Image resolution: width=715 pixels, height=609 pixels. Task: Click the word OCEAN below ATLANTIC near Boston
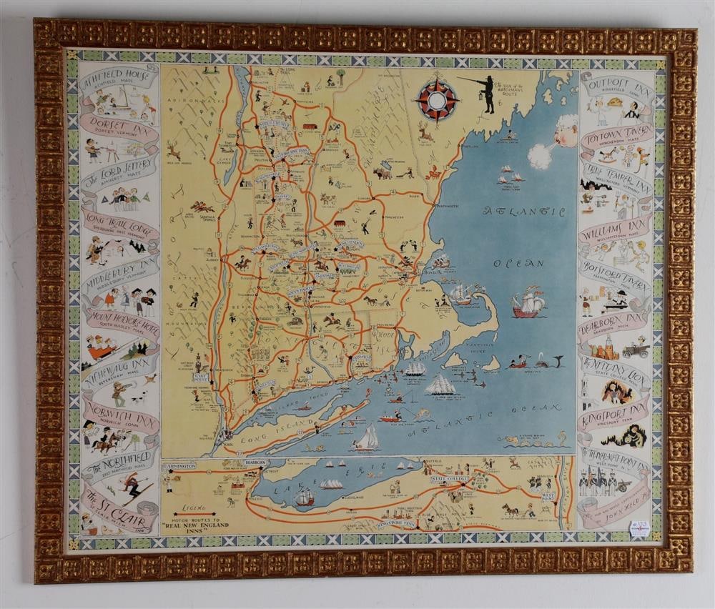[x=529, y=262]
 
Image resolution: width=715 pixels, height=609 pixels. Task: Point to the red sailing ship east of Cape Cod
[x=528, y=304]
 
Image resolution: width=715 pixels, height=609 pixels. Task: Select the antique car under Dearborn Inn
[x=635, y=350]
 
